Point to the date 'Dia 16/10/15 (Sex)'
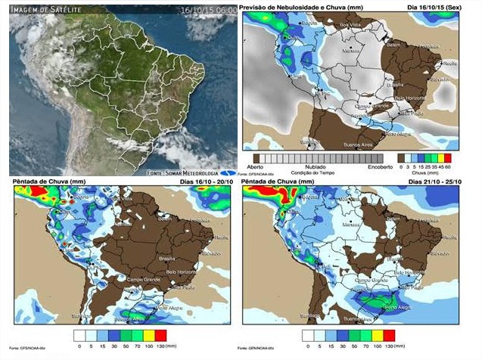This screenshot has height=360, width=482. [434, 6]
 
